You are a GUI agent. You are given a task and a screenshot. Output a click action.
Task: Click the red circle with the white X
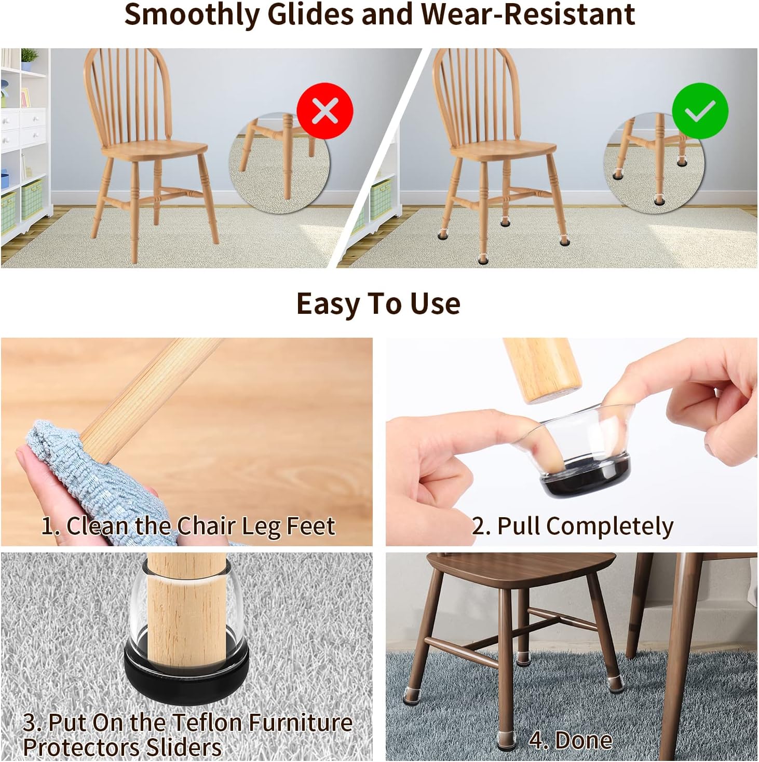pyautogui.click(x=324, y=110)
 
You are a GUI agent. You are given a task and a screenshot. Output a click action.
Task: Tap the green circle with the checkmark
pyautogui.click(x=700, y=110)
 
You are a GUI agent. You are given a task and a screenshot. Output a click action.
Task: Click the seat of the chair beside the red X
pyautogui.click(x=154, y=149)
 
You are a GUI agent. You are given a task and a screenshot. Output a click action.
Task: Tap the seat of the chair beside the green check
pyautogui.click(x=503, y=149)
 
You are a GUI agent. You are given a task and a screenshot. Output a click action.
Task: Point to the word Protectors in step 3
pyautogui.click(x=81, y=748)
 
